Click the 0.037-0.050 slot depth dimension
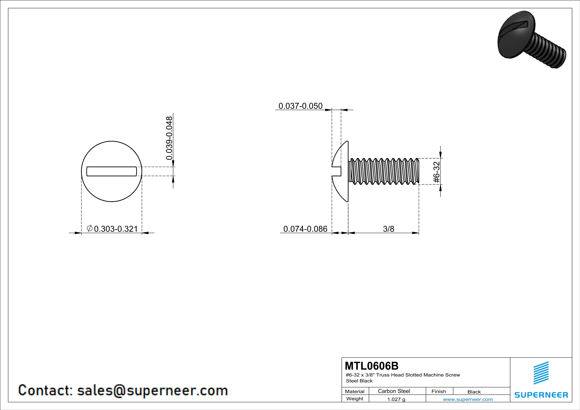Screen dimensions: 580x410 300,106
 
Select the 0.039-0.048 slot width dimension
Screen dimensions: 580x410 169,138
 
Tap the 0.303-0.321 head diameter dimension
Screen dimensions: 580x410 116,229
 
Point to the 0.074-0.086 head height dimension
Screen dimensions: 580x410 305,229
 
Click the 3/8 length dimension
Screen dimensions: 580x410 388,229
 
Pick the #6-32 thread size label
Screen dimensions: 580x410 436,172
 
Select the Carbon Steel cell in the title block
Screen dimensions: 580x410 394,391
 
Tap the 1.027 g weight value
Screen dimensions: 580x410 396,399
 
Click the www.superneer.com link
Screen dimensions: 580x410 468,399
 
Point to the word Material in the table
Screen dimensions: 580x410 355,391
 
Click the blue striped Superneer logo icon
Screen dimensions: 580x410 541,373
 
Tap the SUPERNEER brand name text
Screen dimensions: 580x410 541,395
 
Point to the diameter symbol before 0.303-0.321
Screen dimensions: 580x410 90,228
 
